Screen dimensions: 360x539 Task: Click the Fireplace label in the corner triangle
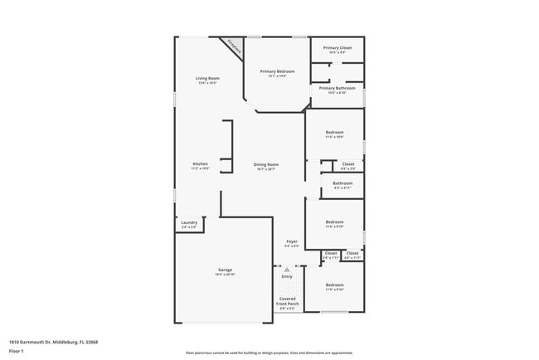click(236, 48)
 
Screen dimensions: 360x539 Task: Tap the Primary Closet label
click(337, 48)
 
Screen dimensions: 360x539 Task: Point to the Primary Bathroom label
click(337, 88)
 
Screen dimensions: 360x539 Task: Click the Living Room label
click(206, 79)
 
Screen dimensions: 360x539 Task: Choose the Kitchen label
click(200, 164)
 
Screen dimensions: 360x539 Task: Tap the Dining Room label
click(266, 165)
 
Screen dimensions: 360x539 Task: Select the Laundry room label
click(188, 222)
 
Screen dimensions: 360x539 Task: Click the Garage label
click(225, 270)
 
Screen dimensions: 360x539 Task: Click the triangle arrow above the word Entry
click(287, 270)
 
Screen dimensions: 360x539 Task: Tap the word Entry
click(287, 276)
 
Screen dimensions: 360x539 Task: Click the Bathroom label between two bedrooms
click(342, 183)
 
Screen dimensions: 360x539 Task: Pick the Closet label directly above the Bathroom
click(348, 164)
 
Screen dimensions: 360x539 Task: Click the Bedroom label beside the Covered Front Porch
click(334, 285)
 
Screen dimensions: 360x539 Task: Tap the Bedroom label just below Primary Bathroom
click(334, 133)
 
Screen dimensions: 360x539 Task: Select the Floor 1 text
click(16, 352)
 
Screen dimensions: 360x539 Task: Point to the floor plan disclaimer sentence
click(269, 352)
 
